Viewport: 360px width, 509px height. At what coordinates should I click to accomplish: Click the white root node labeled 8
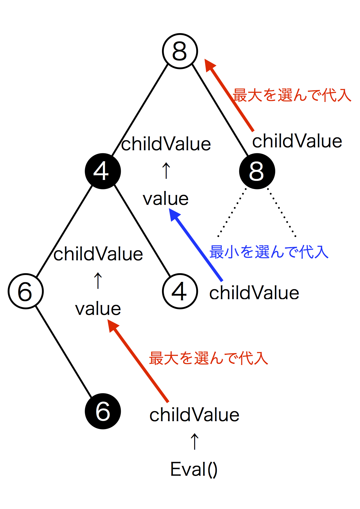[x=180, y=51]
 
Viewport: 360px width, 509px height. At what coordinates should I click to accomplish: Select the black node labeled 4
[x=103, y=171]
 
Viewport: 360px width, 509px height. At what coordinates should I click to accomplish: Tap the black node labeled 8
[x=257, y=171]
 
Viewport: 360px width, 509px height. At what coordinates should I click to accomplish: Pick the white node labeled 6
[x=26, y=291]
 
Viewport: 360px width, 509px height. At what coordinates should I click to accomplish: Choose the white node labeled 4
[x=180, y=291]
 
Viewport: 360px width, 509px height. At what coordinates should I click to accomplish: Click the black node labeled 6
[x=103, y=411]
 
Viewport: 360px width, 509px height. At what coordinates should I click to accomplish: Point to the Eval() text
[x=194, y=469]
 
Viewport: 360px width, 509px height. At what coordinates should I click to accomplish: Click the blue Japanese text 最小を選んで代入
[x=269, y=252]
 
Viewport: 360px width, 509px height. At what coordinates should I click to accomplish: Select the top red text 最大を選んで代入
[x=292, y=95]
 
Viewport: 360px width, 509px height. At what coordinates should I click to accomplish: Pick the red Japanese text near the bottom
[x=208, y=358]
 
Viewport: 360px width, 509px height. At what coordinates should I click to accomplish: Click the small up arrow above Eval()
[x=195, y=441]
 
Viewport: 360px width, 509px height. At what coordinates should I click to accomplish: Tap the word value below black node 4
[x=166, y=199]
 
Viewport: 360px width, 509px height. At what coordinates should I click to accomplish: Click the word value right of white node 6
[x=98, y=309]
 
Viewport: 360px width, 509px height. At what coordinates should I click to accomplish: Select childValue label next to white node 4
[x=254, y=293]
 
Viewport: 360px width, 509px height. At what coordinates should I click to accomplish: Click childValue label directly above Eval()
[x=194, y=415]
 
